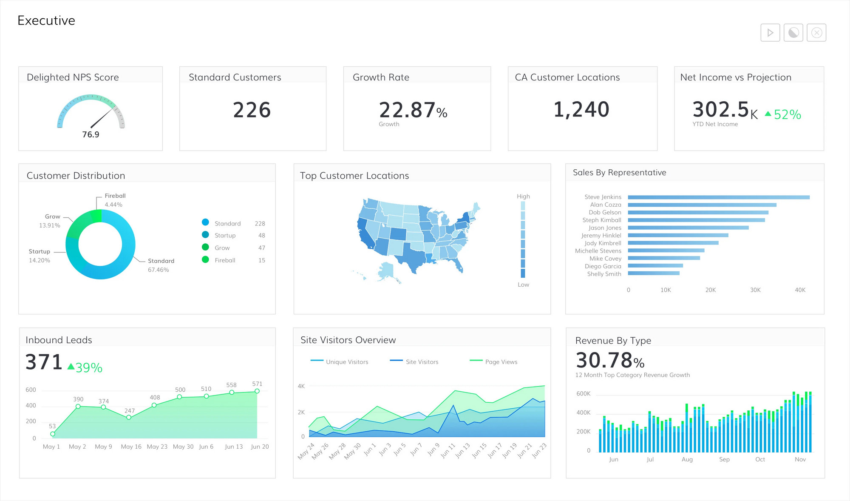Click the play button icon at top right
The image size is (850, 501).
770,33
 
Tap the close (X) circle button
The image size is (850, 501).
816,33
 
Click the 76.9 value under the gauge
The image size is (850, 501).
91,134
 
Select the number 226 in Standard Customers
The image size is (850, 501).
252,110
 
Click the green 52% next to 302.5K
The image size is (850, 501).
787,114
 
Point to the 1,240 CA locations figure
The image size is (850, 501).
581,109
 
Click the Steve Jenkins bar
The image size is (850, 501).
718,197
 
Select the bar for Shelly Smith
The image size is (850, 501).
654,273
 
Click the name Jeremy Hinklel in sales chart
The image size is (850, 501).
601,236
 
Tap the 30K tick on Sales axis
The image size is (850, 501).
755,290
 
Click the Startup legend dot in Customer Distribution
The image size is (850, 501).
205,235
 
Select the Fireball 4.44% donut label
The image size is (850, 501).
114,200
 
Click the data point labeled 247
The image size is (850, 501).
129,418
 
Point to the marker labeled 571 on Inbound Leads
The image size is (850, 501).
257,391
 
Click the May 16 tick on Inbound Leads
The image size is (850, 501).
131,447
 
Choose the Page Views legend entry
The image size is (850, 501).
501,362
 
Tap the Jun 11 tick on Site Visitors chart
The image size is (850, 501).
448,451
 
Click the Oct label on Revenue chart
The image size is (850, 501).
760,459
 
